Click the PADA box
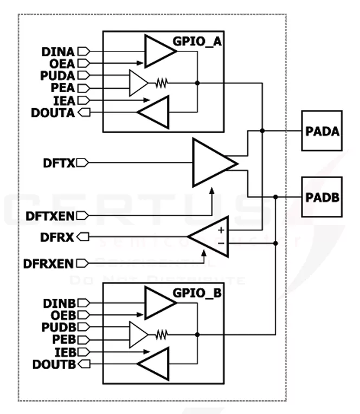click(322, 131)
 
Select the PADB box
click(322, 196)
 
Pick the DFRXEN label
click(49, 264)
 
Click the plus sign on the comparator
click(221, 229)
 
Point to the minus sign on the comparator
click(221, 243)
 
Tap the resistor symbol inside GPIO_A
click(162, 83)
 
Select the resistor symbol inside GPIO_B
click(162, 335)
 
